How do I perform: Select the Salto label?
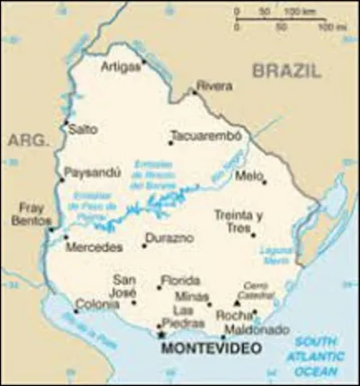(85, 130)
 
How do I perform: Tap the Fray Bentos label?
(31, 213)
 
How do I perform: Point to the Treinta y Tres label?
(238, 221)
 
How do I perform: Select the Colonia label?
(95, 303)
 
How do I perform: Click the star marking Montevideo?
(161, 335)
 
